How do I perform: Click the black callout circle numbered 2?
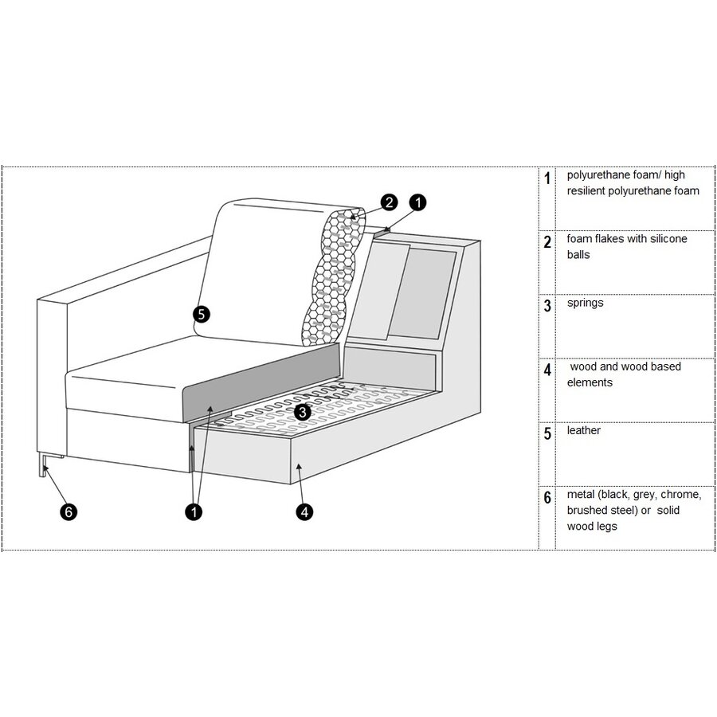(x=388, y=202)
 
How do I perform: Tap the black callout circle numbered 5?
(x=201, y=315)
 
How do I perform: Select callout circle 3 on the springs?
(x=302, y=412)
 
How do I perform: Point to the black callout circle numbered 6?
(x=69, y=512)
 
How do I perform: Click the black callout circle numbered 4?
(x=304, y=511)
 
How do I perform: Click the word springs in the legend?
(x=585, y=303)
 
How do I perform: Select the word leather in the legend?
(x=583, y=430)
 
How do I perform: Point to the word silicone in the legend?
(x=666, y=239)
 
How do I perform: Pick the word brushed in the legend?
(x=586, y=510)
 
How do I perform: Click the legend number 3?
(x=547, y=305)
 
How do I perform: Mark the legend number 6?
(x=547, y=498)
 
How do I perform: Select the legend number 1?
(x=547, y=178)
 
